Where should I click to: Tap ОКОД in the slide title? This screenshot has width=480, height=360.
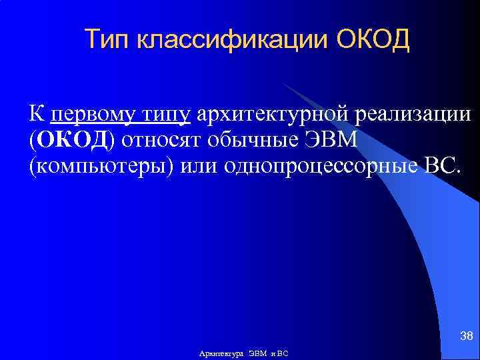tap(373, 40)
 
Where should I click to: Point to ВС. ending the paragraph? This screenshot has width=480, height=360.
tap(441, 165)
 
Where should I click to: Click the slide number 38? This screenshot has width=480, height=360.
tap(467, 335)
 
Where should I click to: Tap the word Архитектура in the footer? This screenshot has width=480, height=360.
tap(222, 353)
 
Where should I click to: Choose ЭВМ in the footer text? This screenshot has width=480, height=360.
tap(259, 353)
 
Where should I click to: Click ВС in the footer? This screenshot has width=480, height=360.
tap(282, 353)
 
